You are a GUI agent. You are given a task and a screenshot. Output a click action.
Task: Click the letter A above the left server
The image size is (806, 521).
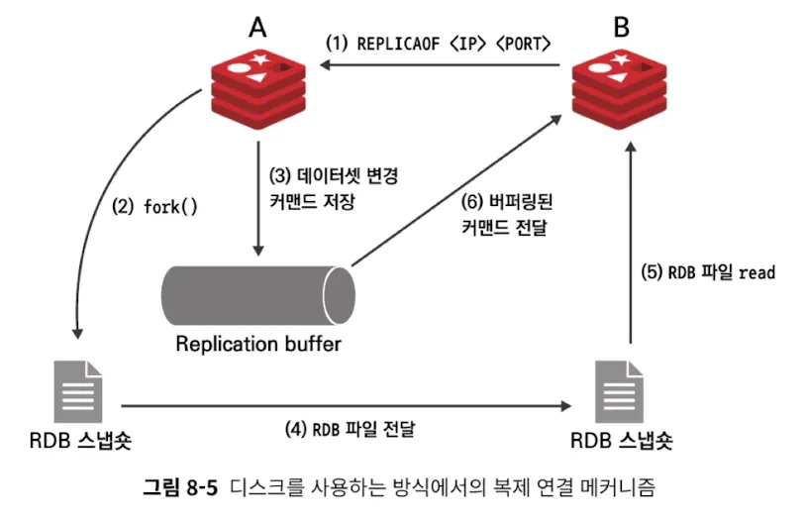(x=257, y=27)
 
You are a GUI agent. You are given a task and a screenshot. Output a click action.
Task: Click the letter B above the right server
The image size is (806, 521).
(x=621, y=27)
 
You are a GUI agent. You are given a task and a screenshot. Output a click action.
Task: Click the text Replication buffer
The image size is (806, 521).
(x=258, y=345)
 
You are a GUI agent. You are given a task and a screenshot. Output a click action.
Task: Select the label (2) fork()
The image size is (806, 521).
(x=155, y=208)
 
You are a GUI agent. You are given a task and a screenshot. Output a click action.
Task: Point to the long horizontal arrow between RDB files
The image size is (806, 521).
(x=347, y=405)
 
